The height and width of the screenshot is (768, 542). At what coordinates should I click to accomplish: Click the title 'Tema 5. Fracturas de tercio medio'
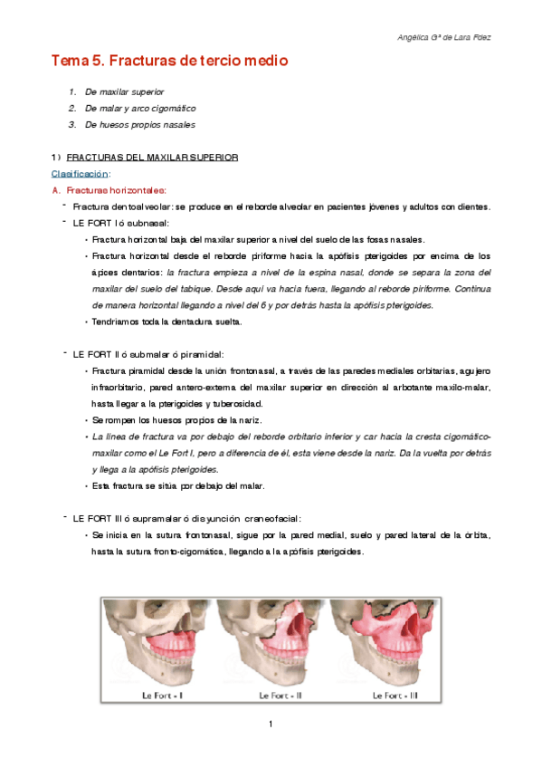pyautogui.click(x=169, y=62)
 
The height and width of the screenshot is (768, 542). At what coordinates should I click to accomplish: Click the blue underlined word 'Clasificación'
pyautogui.click(x=81, y=173)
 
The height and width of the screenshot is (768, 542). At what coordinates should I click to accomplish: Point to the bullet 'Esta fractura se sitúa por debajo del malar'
pyautogui.click(x=178, y=485)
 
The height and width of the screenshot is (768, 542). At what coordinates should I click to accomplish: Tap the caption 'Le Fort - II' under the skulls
pyautogui.click(x=280, y=695)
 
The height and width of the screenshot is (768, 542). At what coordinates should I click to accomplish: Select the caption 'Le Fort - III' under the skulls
pyautogui.click(x=395, y=695)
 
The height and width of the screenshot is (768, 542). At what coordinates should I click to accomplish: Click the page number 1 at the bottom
pyautogui.click(x=271, y=725)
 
